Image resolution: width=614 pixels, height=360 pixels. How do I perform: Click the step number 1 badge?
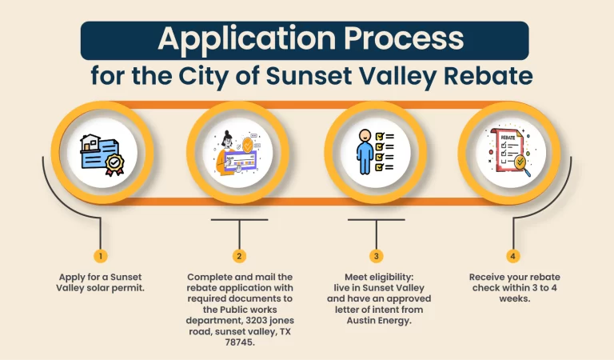click(101, 256)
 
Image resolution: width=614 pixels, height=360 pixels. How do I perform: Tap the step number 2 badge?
click(239, 256)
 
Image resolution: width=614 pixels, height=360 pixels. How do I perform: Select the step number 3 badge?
click(377, 256)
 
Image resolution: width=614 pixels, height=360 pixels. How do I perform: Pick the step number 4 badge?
click(512, 256)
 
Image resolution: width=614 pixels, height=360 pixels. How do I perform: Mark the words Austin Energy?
click(377, 320)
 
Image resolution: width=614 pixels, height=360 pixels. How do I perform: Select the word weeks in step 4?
click(512, 298)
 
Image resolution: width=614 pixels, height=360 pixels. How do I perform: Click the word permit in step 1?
click(127, 288)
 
